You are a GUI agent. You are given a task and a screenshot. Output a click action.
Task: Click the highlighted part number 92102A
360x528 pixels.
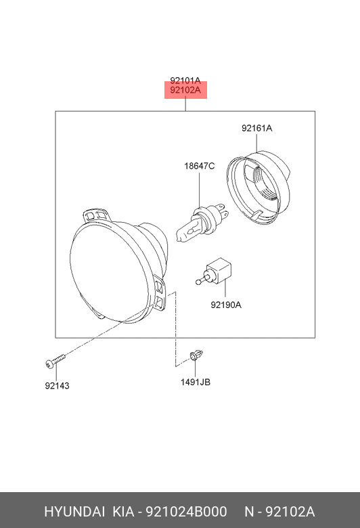coord(185,90)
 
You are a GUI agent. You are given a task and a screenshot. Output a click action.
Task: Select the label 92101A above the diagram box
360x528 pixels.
coord(185,81)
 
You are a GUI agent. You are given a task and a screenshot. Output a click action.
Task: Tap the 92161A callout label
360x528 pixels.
coord(256,129)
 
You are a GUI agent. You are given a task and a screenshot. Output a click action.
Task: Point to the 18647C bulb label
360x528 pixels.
coord(200,166)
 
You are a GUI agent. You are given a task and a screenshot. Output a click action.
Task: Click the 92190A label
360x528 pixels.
coord(226,305)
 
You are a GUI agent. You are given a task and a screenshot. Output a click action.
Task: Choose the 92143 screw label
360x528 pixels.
coord(58,386)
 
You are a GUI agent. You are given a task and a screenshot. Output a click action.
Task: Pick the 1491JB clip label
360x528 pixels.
coord(196,382)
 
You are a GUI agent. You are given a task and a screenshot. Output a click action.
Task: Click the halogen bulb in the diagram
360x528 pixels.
coord(202,223)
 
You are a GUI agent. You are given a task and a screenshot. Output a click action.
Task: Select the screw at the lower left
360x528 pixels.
coord(55,361)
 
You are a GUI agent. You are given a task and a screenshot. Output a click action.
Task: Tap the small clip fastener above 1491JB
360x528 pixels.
coord(196,355)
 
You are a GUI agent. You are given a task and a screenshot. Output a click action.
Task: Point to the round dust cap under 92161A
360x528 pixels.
coord(258,188)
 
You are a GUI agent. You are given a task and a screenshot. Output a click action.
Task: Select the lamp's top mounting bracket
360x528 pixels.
coord(96,216)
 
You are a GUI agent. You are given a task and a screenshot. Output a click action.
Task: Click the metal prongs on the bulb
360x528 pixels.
coord(223,210)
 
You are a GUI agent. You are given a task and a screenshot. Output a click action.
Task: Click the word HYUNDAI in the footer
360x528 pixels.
coord(74,512)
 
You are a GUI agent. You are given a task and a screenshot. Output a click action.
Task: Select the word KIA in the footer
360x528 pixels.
coord(123,512)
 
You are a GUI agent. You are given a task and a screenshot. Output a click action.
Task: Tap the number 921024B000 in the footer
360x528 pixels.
coord(186,512)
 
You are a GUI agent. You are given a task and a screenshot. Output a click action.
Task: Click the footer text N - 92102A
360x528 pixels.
coord(279,512)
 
